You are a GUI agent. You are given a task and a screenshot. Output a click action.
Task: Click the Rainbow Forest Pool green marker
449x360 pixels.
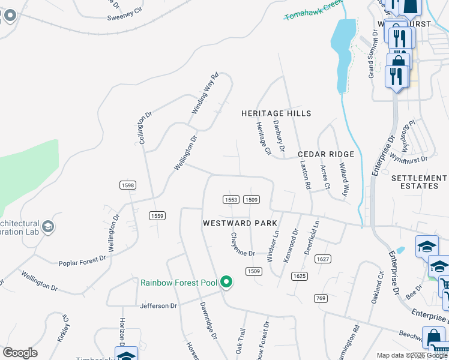tap(226, 281)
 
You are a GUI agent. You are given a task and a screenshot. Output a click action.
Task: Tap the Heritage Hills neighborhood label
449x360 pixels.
tap(276, 113)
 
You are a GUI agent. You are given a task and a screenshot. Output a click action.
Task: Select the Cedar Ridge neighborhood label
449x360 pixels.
tap(327, 154)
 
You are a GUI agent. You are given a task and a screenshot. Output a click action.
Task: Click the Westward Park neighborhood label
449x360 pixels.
tap(240, 223)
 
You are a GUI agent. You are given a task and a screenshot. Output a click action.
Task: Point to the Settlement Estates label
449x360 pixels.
tap(419, 182)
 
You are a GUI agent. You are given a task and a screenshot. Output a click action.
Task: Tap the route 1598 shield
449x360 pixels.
tap(127, 185)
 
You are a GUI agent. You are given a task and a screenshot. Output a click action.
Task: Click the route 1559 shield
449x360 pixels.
tap(157, 216)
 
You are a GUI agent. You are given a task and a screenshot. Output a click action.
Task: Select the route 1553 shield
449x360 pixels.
tap(231, 200)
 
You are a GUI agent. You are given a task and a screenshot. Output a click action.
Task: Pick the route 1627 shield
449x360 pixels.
tap(323, 259)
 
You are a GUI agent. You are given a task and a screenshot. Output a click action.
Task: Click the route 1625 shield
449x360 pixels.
tap(300, 276)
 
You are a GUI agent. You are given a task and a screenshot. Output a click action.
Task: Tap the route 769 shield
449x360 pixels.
tap(319, 298)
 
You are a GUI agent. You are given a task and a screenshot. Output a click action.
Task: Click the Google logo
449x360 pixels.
tap(20, 353)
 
